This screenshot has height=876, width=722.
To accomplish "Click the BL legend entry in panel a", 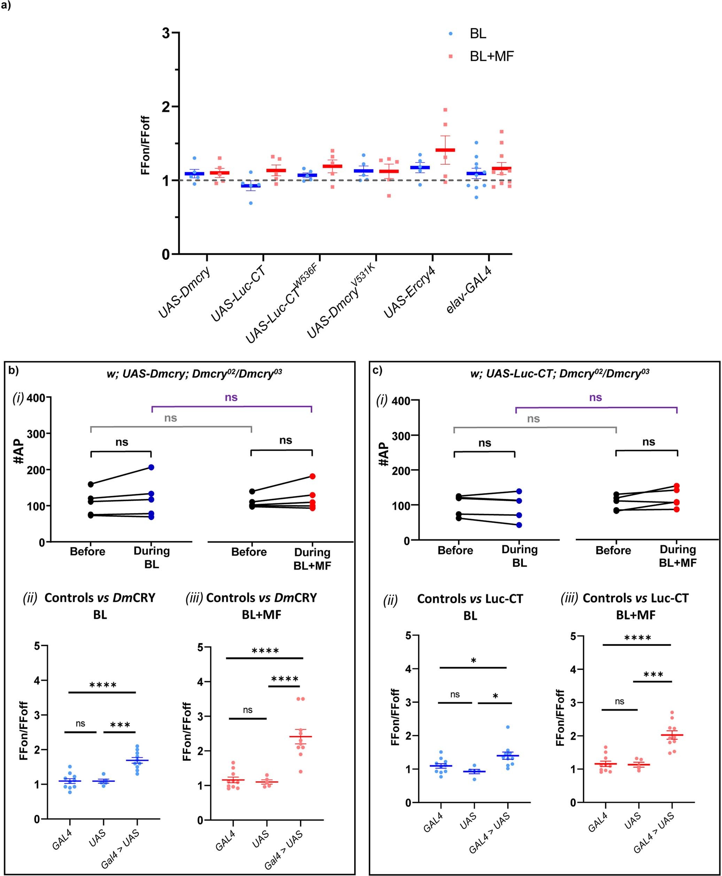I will pyautogui.click(x=478, y=34).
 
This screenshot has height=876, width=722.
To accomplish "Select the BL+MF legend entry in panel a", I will pyautogui.click(x=491, y=56).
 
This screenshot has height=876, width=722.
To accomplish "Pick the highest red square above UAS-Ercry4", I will pyautogui.click(x=445, y=110).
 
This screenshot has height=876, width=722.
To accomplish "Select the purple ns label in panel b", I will pyautogui.click(x=231, y=397).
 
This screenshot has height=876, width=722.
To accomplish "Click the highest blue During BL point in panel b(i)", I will pyautogui.click(x=152, y=467).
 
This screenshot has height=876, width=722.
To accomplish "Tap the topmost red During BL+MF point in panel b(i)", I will pyautogui.click(x=312, y=476).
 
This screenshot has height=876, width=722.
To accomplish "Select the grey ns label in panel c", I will pyautogui.click(x=533, y=419).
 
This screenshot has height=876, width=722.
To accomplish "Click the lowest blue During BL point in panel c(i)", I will pyautogui.click(x=519, y=525).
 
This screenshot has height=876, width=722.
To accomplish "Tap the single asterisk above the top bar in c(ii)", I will pyautogui.click(x=474, y=660).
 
